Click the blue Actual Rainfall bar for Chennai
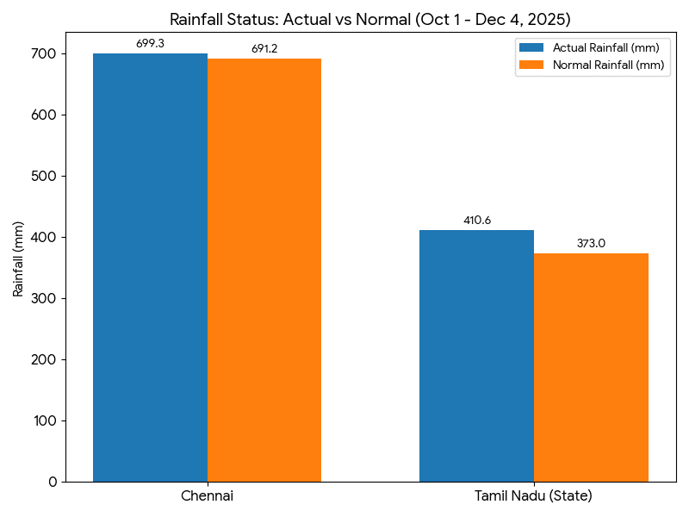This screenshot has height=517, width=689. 150,267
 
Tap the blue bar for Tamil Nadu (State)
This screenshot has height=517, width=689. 476,355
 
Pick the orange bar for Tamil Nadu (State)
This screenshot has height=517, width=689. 591,367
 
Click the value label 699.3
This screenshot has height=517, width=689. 150,43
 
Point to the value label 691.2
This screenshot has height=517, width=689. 264,49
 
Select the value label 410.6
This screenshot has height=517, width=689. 476,221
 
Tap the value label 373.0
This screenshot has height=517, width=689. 591,243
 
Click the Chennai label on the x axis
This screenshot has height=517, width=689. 207,496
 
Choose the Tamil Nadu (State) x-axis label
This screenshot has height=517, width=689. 533,496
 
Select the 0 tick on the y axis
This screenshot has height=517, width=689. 53,482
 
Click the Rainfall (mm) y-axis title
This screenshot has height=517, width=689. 18,258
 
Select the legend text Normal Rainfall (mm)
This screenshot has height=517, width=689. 608,65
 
